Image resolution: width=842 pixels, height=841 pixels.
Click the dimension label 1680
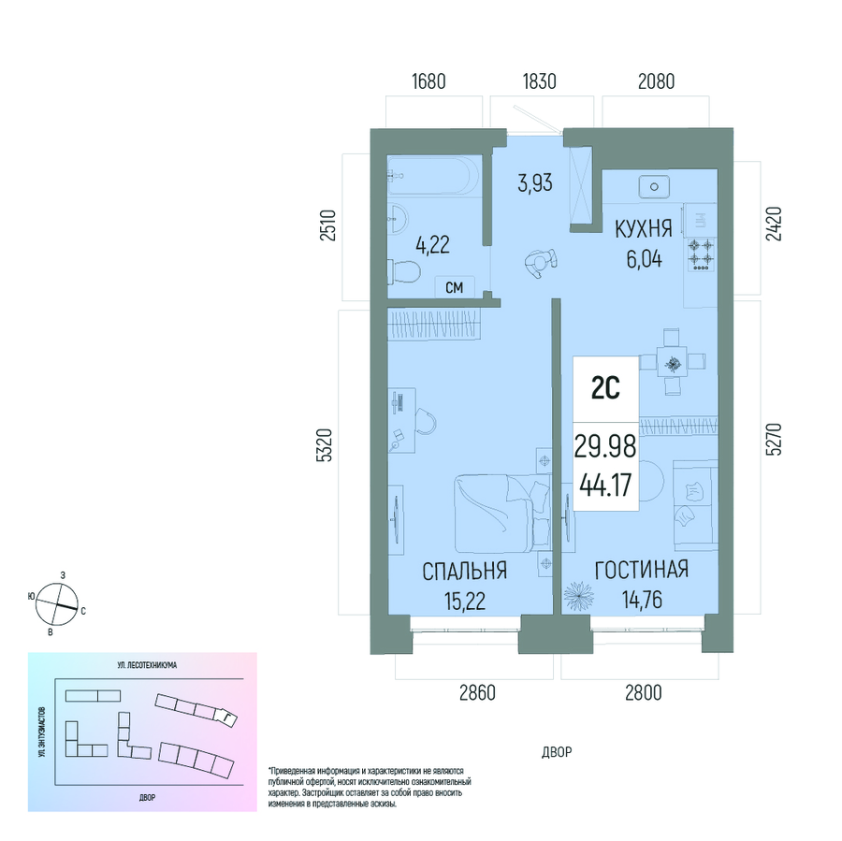click(x=428, y=81)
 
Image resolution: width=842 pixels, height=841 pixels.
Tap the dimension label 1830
click(x=539, y=81)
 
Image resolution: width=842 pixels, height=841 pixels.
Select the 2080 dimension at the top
click(x=656, y=81)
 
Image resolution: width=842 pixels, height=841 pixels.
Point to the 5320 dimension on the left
click(x=326, y=445)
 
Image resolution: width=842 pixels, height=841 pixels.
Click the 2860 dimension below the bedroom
click(x=477, y=693)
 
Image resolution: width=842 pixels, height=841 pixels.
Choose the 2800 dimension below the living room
click(x=644, y=693)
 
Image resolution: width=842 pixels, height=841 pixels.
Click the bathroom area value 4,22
click(x=433, y=245)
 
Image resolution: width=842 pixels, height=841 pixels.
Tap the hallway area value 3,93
click(x=535, y=182)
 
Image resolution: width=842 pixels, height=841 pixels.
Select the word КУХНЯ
click(x=644, y=229)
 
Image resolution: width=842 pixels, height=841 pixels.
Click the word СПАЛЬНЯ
click(x=464, y=572)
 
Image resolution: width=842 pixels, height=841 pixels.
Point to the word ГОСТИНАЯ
click(x=642, y=570)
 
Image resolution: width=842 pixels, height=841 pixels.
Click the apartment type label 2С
click(x=605, y=388)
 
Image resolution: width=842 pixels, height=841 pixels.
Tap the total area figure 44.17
click(x=605, y=486)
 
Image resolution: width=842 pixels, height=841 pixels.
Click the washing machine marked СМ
click(x=455, y=287)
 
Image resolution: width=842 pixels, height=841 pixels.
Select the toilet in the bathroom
click(x=402, y=272)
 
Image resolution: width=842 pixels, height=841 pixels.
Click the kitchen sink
click(x=654, y=187)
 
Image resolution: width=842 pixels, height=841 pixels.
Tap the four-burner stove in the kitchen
click(x=702, y=254)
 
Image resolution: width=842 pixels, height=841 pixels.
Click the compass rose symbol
click(x=57, y=604)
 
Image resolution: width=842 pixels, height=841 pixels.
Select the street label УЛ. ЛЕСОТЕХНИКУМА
click(x=147, y=665)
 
